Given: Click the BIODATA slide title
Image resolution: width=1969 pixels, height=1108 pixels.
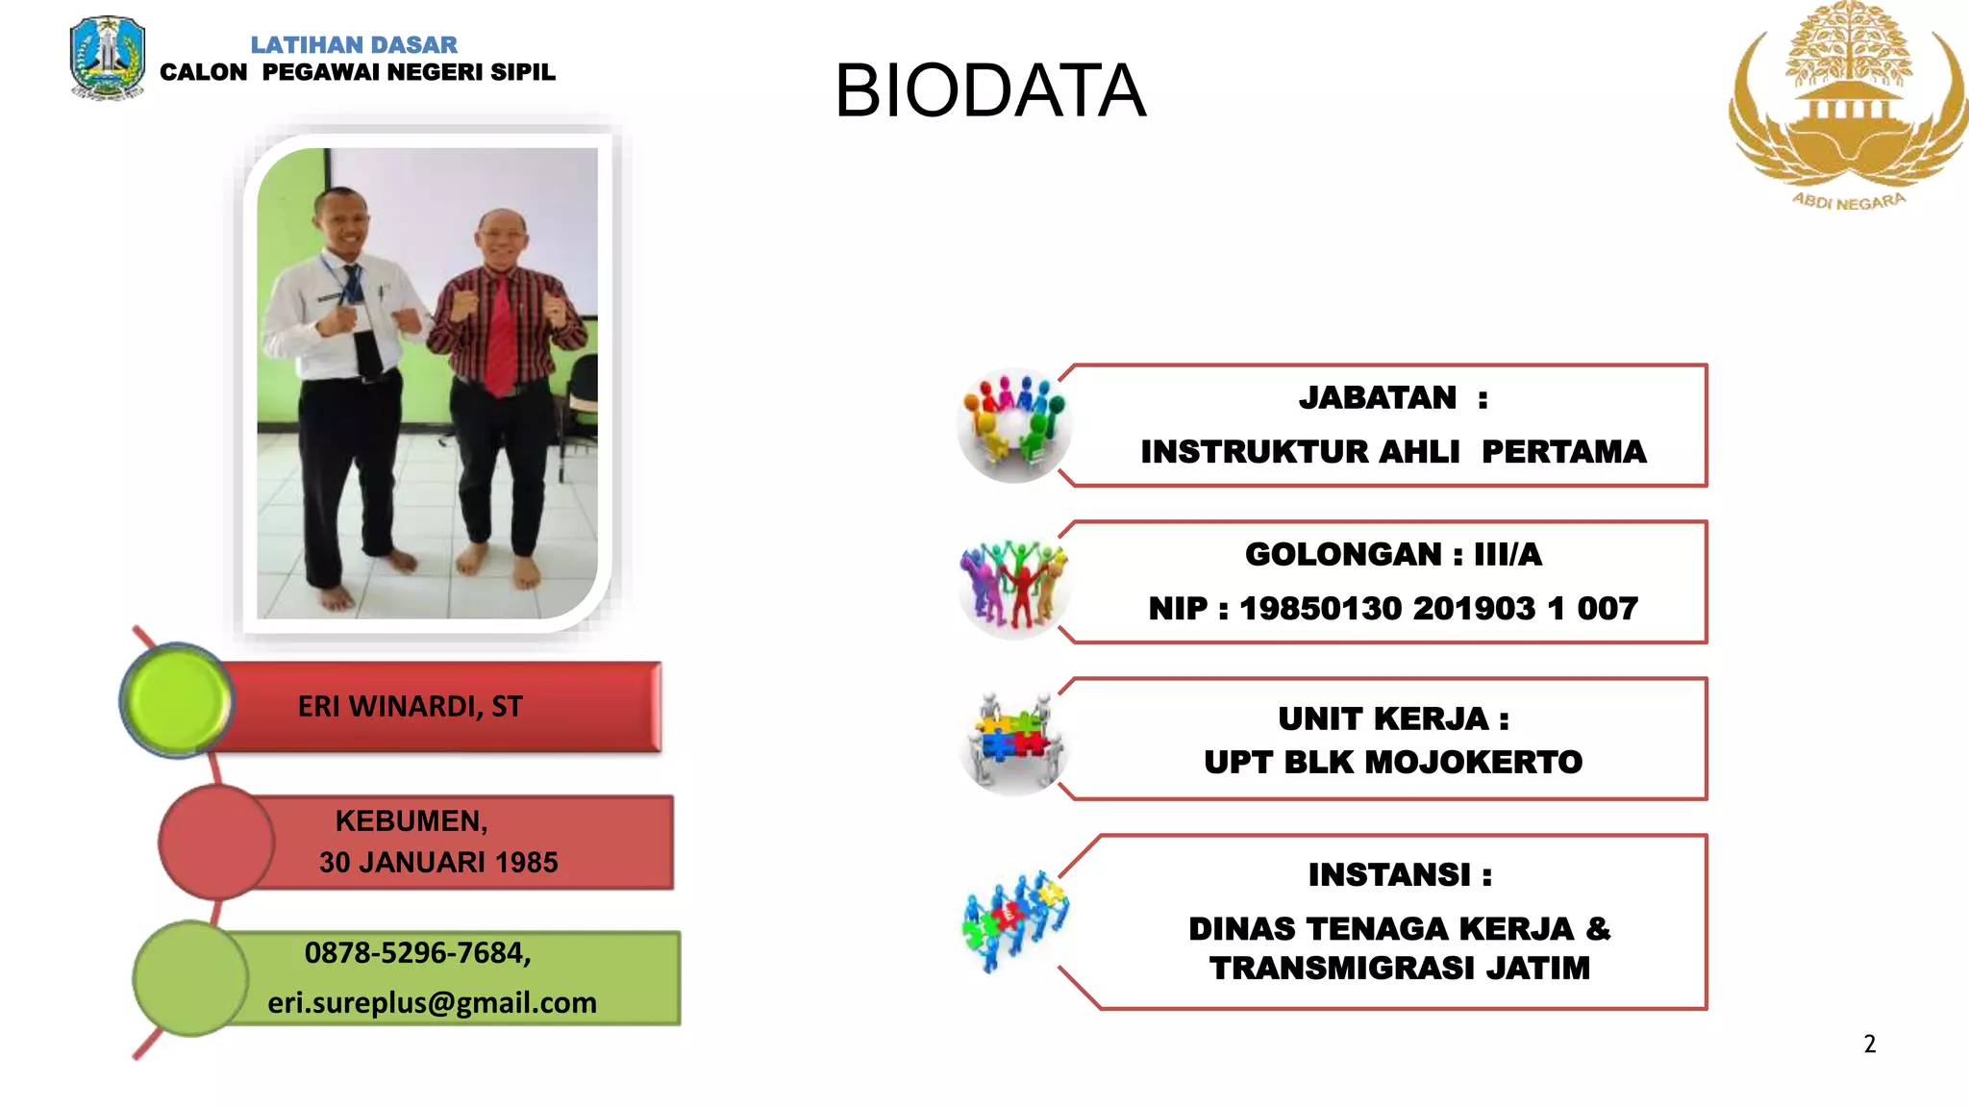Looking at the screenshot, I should pos(989,91).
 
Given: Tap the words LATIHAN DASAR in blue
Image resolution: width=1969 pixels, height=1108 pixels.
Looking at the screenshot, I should pos(354,45).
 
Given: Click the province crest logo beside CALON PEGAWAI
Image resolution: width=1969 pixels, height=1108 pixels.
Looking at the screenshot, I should pos(107,58).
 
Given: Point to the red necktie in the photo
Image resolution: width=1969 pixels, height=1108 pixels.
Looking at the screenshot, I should pos(500,332).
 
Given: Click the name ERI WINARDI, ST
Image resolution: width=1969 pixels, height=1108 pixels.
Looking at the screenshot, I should pos(410,707).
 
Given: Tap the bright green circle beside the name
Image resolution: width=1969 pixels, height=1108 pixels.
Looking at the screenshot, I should pos(177,700).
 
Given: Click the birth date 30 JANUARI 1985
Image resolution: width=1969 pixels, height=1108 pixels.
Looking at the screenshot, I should pos(438,863).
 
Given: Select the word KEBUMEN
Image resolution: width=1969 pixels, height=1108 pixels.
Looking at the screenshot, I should pos(411,821).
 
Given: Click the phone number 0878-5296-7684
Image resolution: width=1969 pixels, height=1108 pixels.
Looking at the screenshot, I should pos(417,953).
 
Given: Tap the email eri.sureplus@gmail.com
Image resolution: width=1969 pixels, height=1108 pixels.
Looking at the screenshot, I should pos(432,1003).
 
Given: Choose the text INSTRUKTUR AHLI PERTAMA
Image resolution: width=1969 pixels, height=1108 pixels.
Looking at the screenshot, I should pos(1393,452).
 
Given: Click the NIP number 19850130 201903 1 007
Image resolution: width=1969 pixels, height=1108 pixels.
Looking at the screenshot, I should pos(1438,609).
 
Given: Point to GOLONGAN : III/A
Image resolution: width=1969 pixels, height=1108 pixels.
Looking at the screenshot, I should pos(1393,555).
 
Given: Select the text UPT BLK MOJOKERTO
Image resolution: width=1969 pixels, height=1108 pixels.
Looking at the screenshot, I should pos(1393,763).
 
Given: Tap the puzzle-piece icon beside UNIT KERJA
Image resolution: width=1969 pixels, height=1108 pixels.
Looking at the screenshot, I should pos(1014,741).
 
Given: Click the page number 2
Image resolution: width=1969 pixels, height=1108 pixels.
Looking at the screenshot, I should pos(1869,1045).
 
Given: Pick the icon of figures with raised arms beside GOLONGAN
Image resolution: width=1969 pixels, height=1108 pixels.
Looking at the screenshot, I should pos(1014,584).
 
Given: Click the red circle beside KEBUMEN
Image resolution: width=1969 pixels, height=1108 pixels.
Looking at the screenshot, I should pos(216,843).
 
